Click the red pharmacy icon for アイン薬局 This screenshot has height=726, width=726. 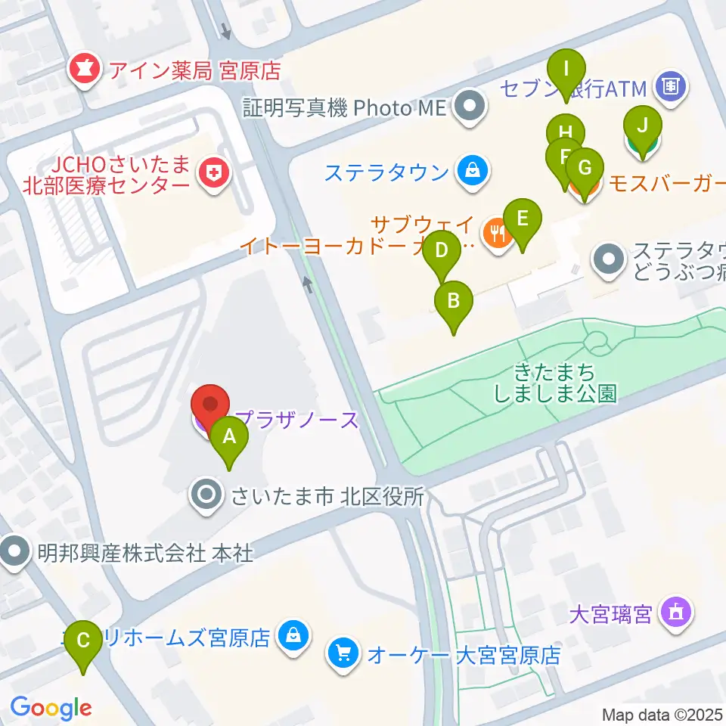coord(82,70)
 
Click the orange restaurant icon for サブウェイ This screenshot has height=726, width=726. coord(496,231)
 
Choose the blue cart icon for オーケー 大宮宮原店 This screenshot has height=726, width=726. coord(344,653)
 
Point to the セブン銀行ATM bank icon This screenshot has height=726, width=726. coord(670,87)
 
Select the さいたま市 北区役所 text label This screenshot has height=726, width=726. coord(327,496)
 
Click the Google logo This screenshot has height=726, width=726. coord(51,708)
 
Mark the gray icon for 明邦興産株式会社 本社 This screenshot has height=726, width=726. coord(15,554)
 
